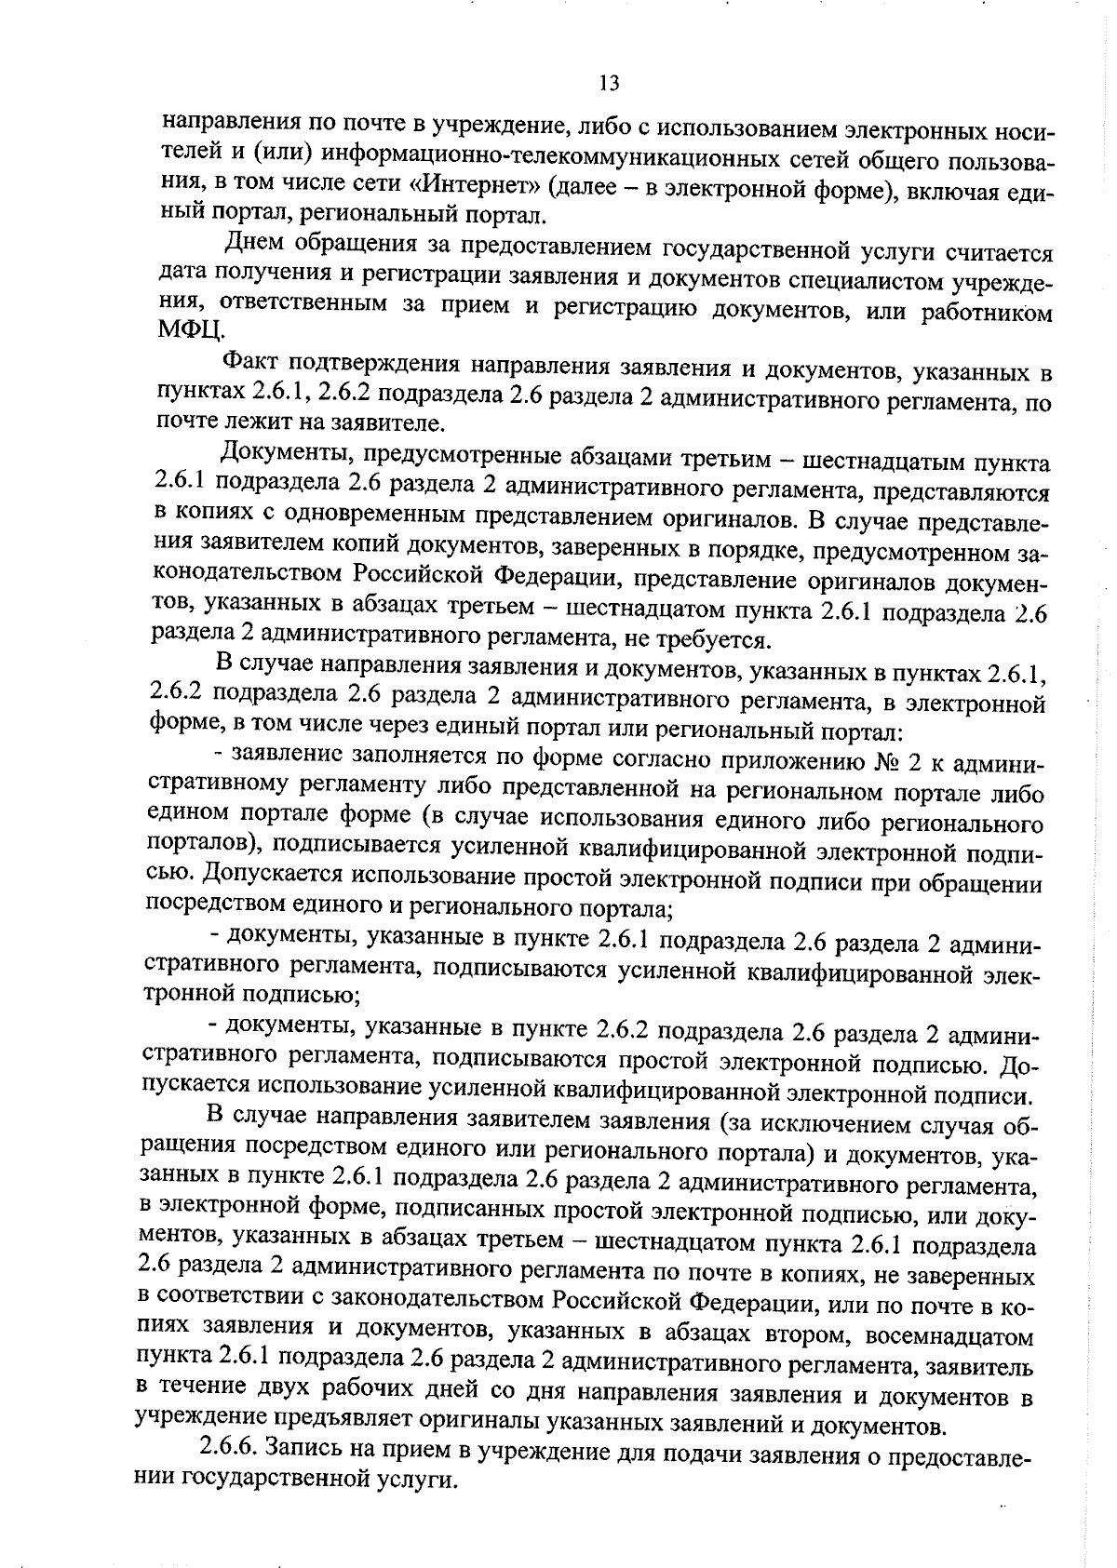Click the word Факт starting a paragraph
click(x=250, y=363)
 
